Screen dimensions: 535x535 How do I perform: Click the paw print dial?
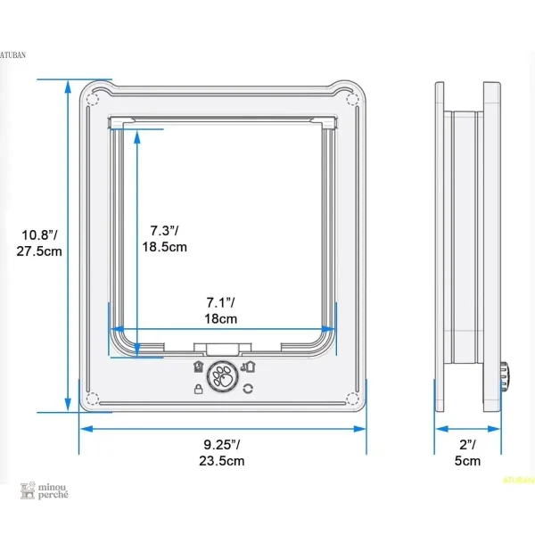point(222,376)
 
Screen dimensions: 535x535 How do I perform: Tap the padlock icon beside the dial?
point(198,389)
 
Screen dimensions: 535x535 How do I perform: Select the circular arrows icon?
point(248,389)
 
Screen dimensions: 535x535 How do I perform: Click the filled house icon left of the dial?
point(199,366)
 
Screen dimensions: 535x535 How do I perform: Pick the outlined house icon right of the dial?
point(249,366)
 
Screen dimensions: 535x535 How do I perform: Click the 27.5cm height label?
point(39,251)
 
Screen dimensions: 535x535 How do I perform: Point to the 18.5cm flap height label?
point(164,247)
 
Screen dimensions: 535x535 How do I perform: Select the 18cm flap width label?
point(221,318)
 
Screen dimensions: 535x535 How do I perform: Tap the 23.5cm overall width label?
point(222,461)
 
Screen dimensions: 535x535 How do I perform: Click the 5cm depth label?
point(467,461)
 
